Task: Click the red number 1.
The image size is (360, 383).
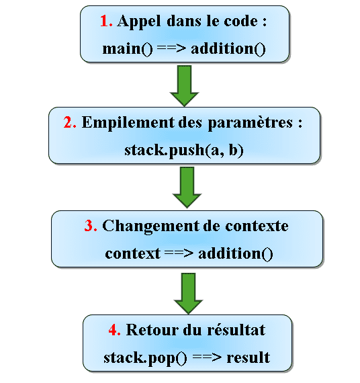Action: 106,21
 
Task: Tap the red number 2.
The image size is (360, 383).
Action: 70,122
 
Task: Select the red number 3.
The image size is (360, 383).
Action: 91,226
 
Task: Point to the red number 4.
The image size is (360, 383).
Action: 114,330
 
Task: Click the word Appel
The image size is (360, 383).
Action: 139,22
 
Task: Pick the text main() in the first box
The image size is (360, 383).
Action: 128,49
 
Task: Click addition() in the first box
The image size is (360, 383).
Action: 228,49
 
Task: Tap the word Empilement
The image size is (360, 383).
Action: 128,123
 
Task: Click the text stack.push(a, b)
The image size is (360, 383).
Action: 184,151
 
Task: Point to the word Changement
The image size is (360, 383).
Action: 151,226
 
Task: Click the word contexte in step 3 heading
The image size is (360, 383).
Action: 257,226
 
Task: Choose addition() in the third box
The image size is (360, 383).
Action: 236,254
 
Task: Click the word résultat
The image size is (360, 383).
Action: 236,330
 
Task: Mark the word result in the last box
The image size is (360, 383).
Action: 248,357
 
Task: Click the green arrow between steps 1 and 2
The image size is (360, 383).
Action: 185,85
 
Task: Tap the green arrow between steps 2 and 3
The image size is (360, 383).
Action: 187,187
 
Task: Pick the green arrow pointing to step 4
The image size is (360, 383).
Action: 188,294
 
